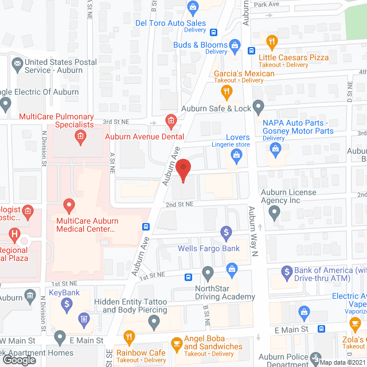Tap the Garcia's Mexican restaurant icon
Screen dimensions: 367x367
227,91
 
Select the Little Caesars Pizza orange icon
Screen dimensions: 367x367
272,41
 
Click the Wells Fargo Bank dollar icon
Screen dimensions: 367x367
226,233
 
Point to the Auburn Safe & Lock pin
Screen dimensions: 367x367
259,106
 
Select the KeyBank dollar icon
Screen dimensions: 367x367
68,304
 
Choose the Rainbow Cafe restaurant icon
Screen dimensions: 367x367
129,337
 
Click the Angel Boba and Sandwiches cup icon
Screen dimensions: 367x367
176,344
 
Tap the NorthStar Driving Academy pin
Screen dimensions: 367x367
208,272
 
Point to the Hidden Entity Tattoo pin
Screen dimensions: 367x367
153,323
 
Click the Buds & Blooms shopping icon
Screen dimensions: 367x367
235,45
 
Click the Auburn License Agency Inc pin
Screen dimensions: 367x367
275,214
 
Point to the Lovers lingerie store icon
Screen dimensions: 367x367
234,159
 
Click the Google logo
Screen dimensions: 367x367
18,360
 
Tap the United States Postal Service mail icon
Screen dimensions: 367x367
17,63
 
